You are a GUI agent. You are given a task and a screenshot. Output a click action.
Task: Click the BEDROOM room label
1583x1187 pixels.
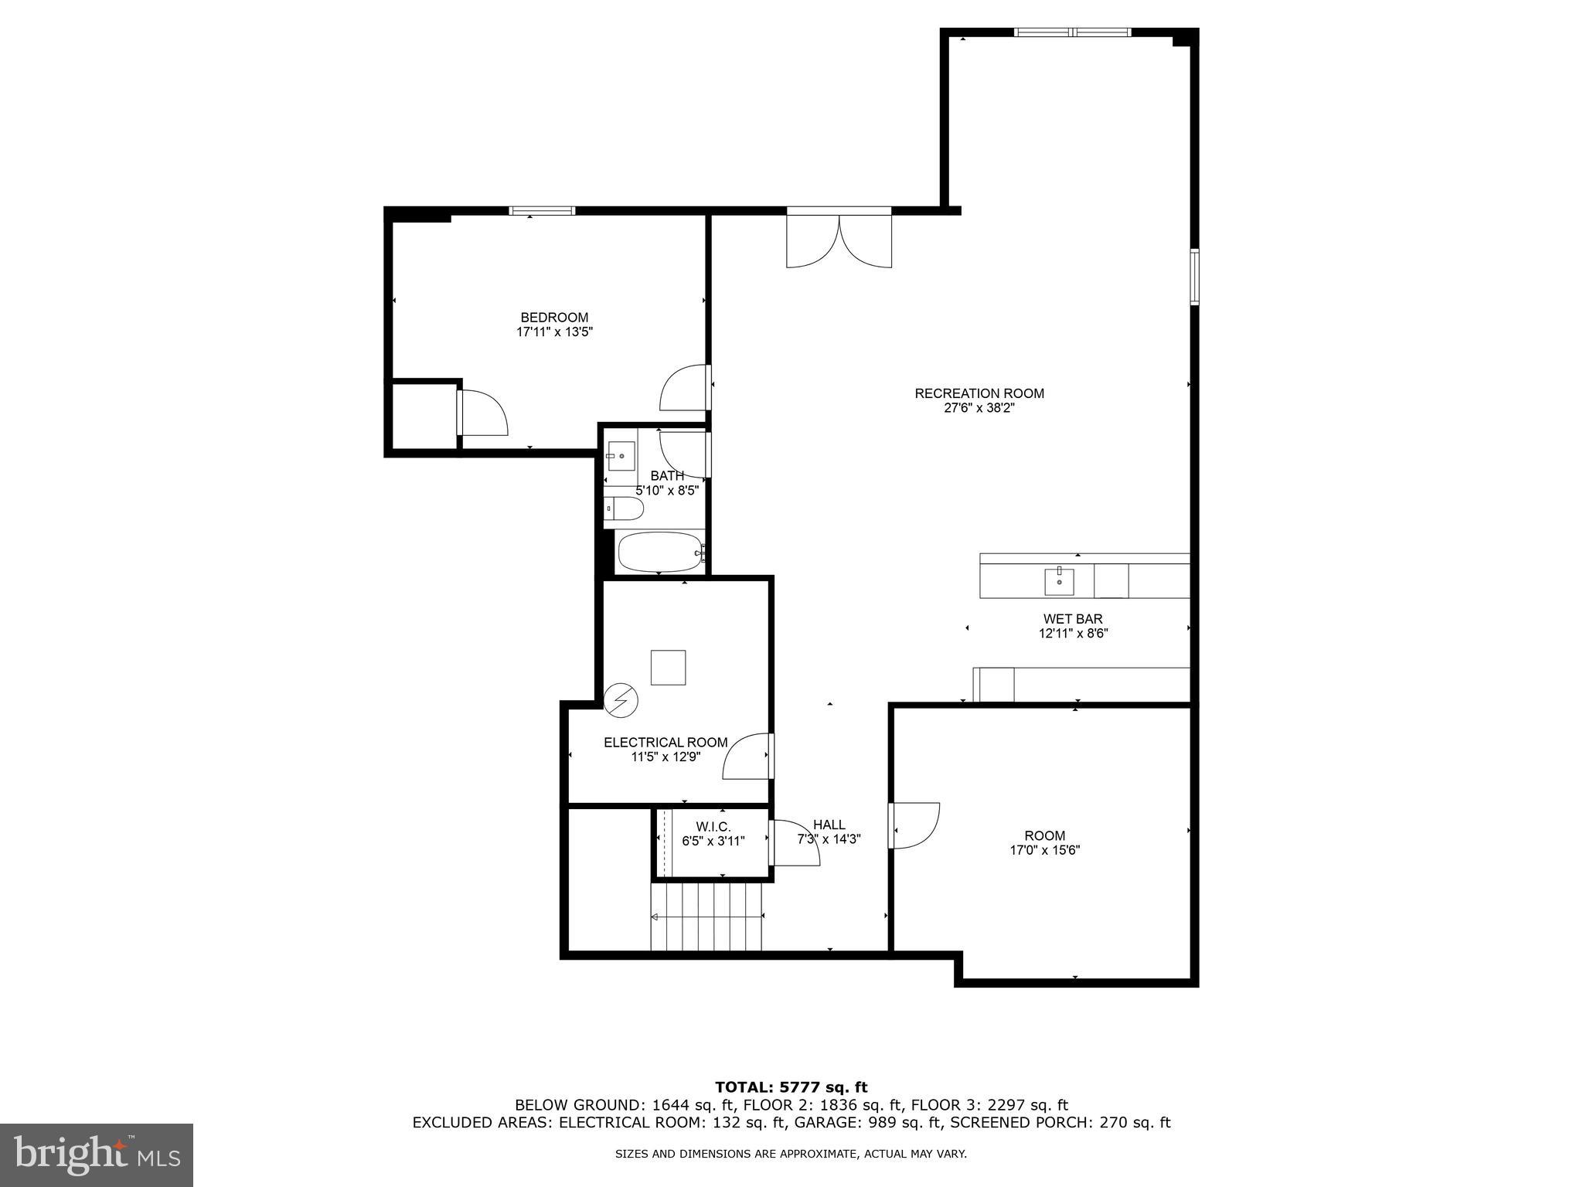click(x=554, y=318)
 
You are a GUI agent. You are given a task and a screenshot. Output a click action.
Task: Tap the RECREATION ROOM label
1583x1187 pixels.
click(x=979, y=393)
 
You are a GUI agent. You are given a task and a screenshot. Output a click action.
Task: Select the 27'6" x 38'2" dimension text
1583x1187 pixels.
click(x=979, y=408)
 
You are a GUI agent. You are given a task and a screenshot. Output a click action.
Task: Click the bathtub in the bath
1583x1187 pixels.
click(x=662, y=552)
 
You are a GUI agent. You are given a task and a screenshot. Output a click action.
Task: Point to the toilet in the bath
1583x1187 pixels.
click(x=624, y=508)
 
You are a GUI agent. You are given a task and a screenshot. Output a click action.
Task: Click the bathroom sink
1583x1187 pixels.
click(x=621, y=456)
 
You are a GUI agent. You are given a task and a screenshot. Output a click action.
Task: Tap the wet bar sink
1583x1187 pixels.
click(x=1059, y=581)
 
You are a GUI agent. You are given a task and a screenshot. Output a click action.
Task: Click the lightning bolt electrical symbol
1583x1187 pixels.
click(x=621, y=700)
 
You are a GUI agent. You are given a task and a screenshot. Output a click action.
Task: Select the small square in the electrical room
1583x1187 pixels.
click(x=668, y=668)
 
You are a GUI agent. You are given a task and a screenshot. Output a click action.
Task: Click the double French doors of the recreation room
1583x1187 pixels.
click(x=839, y=240)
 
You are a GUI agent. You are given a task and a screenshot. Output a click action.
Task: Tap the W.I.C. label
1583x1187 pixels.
click(x=713, y=827)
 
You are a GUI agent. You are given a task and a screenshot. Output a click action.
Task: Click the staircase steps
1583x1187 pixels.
click(x=706, y=917)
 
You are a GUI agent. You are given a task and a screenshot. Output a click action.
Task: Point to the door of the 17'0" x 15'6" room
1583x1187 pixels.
click(x=914, y=826)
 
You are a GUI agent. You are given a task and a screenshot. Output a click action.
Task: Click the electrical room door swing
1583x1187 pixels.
click(x=747, y=756)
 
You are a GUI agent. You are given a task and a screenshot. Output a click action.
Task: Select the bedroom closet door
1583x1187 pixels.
click(x=482, y=413)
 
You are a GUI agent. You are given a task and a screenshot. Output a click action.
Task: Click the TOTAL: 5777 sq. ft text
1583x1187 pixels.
click(x=791, y=1088)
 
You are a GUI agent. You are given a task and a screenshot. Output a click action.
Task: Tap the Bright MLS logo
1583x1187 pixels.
click(x=97, y=1155)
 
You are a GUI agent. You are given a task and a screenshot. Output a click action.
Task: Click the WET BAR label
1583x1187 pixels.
click(x=1072, y=619)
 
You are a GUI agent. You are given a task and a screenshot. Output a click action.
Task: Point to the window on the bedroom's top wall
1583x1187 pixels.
click(x=542, y=210)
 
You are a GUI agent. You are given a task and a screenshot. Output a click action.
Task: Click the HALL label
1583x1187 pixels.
click(x=829, y=825)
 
